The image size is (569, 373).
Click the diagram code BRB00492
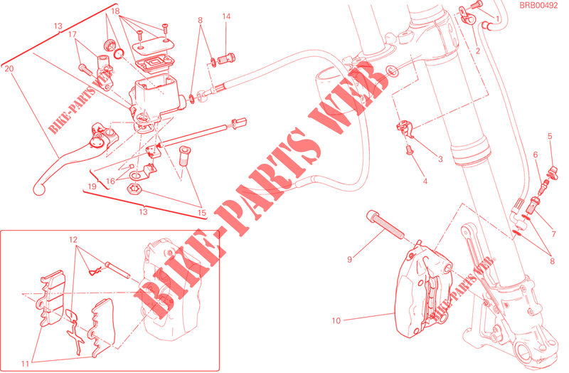[538, 6]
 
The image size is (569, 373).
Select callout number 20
[9, 68]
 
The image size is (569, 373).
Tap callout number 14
[226, 16]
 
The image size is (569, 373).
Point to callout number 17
[73, 34]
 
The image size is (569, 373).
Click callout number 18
[115, 11]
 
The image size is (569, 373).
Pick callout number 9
[349, 259]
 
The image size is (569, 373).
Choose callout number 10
[336, 321]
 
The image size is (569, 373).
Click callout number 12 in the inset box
[73, 240]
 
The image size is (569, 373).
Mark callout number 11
[25, 364]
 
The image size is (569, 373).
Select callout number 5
[550, 136]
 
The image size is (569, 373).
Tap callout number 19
[92, 186]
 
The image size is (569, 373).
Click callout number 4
[425, 181]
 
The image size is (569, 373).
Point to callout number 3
[440, 159]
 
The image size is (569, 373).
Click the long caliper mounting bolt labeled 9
[385, 224]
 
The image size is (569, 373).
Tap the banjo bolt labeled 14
[225, 58]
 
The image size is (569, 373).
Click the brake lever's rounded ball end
[38, 189]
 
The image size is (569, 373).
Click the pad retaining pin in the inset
[117, 270]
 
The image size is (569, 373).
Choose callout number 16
[110, 182]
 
